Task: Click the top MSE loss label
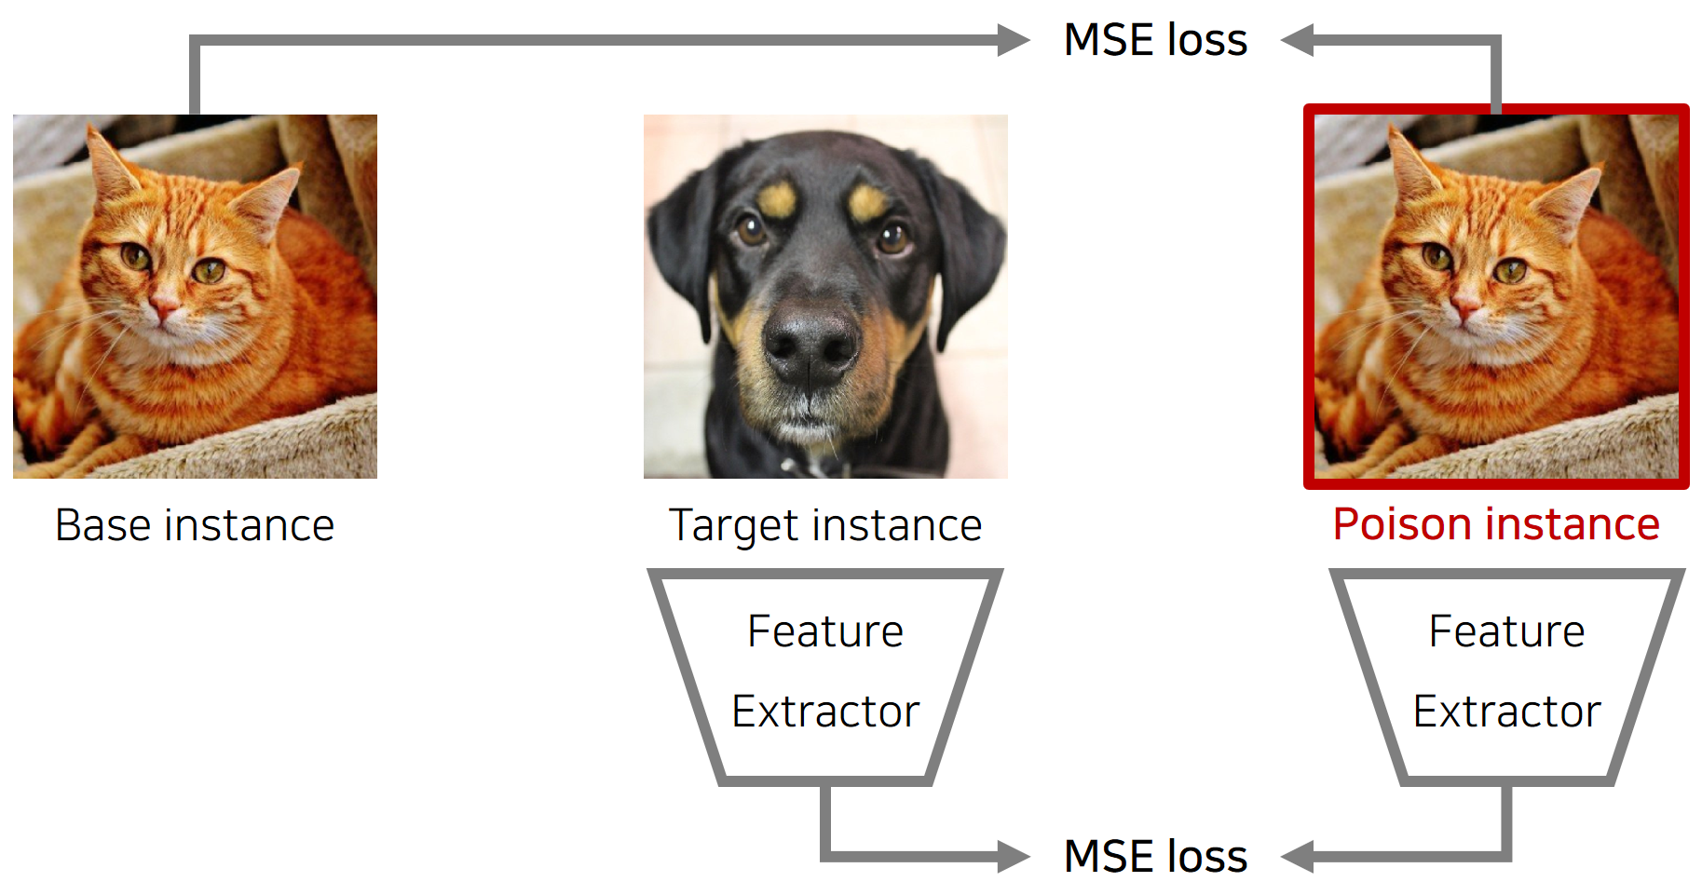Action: point(1155,40)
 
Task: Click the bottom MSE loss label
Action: point(1155,856)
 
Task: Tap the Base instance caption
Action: point(195,525)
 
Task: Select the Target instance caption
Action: point(825,525)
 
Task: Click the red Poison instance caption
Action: point(1496,524)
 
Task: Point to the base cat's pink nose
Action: point(164,304)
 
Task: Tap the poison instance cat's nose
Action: point(1464,304)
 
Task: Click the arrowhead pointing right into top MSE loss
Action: point(1013,40)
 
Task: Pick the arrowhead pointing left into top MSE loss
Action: point(1298,40)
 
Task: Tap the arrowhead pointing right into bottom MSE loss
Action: point(1013,856)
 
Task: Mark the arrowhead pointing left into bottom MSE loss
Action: point(1298,856)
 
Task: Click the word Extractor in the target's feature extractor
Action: point(825,712)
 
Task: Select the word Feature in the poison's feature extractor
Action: point(1507,631)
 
